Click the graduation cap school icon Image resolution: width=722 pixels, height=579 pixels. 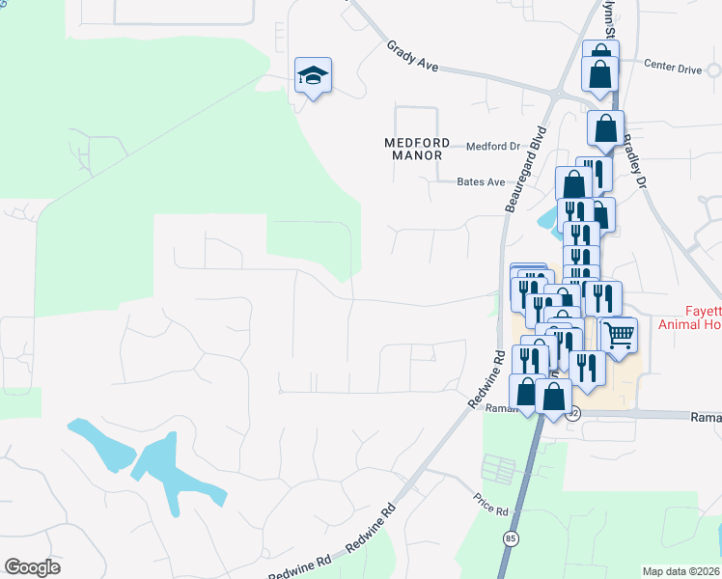pyautogui.click(x=314, y=74)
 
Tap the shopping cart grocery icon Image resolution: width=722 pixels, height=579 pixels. pyautogui.click(x=619, y=335)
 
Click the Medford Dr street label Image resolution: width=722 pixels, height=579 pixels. pyautogui.click(x=492, y=147)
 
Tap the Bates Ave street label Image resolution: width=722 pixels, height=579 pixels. pyautogui.click(x=481, y=181)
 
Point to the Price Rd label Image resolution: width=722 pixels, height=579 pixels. pyautogui.click(x=490, y=503)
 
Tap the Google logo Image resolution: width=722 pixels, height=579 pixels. pyautogui.click(x=32, y=567)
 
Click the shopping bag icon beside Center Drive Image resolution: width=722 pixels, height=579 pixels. pyautogui.click(x=600, y=72)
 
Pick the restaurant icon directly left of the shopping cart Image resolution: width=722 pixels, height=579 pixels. pyautogui.click(x=586, y=365)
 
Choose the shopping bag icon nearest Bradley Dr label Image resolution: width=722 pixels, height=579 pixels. pyautogui.click(x=605, y=127)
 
